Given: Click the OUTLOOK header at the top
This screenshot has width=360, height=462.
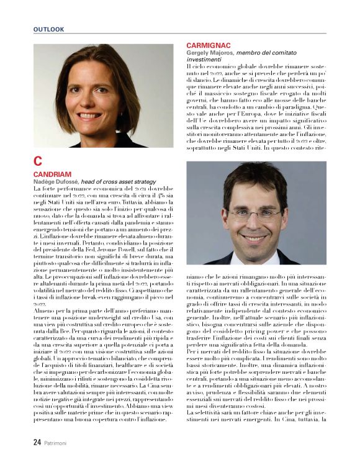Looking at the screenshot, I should [x=49, y=29].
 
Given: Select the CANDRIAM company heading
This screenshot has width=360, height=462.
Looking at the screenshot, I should [x=53, y=174].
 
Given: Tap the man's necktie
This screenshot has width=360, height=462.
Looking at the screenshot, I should [x=256, y=261].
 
